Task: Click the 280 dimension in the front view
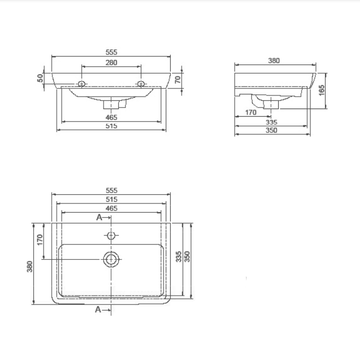tap(111, 63)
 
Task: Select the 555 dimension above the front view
tap(111, 52)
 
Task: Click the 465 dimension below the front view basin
tap(111, 117)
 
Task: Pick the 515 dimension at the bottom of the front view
tap(111, 126)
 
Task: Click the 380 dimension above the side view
tap(274, 61)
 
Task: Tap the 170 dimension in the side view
tap(250, 113)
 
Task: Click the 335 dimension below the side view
tap(271, 122)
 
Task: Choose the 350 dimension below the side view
tap(271, 130)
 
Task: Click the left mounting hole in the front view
tap(81, 83)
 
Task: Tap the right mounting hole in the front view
tap(141, 83)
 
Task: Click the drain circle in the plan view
tap(111, 259)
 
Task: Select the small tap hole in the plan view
tap(111, 236)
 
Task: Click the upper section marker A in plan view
tap(99, 217)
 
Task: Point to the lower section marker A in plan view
tap(99, 309)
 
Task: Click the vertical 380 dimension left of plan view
tap(30, 266)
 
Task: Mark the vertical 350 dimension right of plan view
tap(187, 257)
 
